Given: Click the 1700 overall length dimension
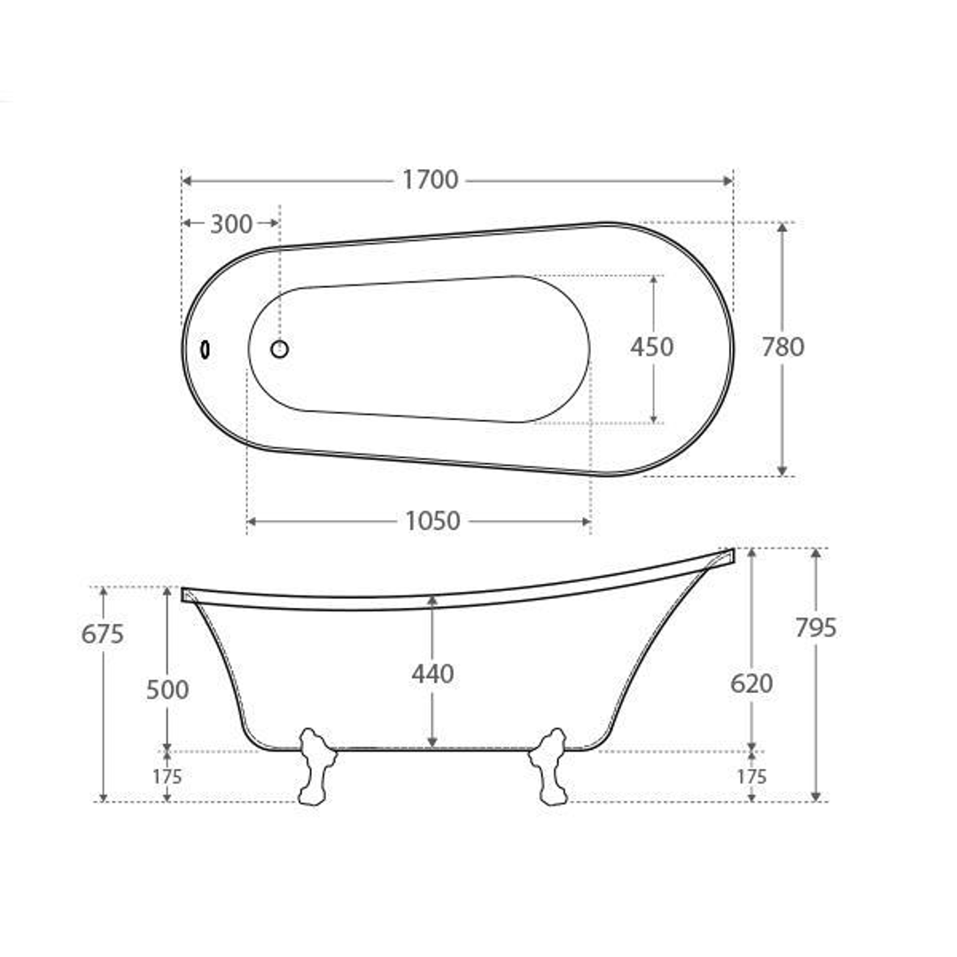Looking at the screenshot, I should [x=431, y=180].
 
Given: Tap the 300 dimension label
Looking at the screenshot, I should [x=231, y=224].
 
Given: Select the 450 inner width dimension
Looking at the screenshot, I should [x=651, y=346].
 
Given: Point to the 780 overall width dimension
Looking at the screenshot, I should [x=783, y=346].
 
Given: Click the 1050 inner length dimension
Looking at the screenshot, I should [x=432, y=521].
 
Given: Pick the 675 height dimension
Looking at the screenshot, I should [x=103, y=634].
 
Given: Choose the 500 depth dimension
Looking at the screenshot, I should [x=167, y=689].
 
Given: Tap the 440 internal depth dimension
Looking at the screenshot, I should [x=432, y=674].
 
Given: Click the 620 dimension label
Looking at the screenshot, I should [x=751, y=683].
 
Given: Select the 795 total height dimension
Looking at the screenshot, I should [x=816, y=627].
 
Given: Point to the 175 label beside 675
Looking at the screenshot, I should [x=167, y=777].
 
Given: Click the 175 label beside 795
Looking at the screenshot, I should [x=751, y=777].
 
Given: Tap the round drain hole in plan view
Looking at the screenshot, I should [x=279, y=349].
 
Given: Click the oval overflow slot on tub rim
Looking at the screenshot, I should [x=206, y=350].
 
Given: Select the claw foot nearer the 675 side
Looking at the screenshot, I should [x=315, y=766].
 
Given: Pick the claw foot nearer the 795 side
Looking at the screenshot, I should [x=549, y=766].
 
